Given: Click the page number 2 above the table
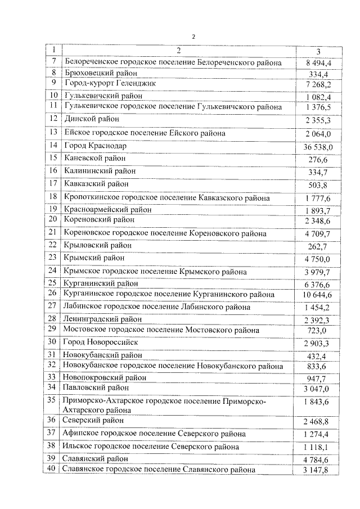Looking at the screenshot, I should tap(193, 37).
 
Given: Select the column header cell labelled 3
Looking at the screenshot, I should tap(318, 51).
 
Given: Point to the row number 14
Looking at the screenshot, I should tap(53, 146).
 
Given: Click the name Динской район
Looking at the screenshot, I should tap(92, 119).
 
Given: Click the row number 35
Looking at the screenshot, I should tap(53, 400).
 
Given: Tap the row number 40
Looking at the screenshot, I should tap(53, 469).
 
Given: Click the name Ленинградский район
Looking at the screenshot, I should tap(102, 319).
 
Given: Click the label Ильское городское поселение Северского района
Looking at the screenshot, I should tap(151, 447).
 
